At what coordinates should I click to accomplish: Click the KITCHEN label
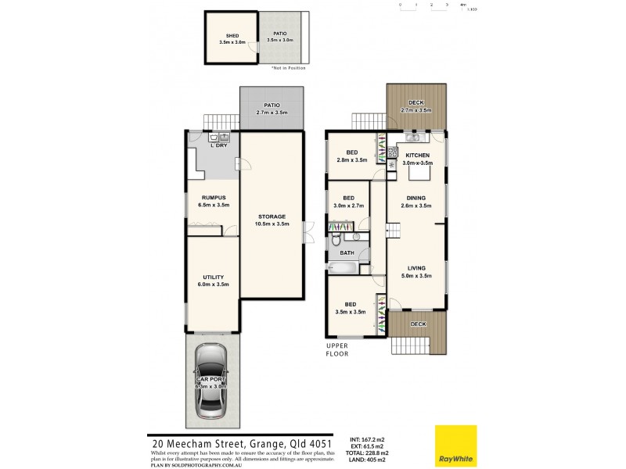pos(416,155)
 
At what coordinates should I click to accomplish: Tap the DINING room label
pos(416,199)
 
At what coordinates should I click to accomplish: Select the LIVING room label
pos(416,268)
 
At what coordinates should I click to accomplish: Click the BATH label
pos(346,252)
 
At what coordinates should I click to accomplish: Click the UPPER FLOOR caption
pos(337,349)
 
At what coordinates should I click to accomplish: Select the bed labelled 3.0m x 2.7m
pos(348,202)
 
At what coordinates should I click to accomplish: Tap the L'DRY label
pos(218,145)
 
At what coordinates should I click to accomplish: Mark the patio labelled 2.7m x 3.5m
pos(272,109)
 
